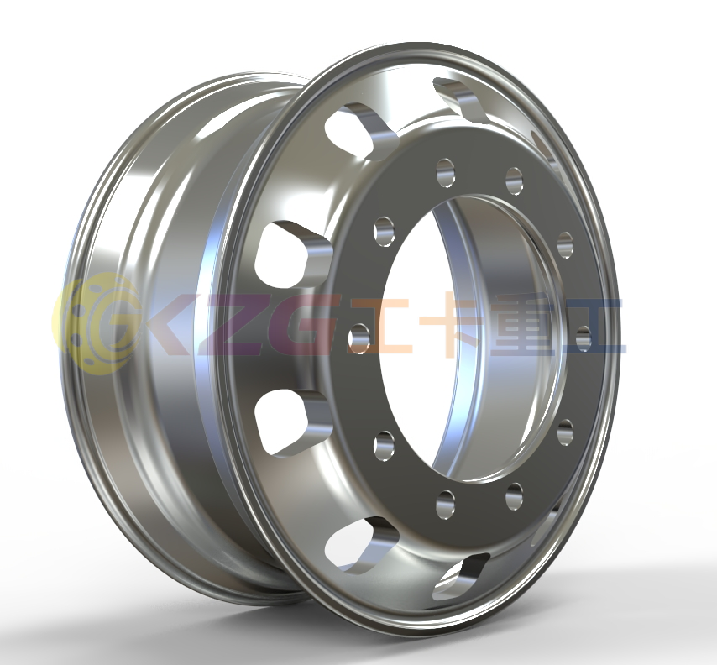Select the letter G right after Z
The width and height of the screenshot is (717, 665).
(298, 324)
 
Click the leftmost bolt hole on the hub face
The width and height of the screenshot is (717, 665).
(359, 338)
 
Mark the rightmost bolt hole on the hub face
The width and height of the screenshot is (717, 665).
(584, 338)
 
